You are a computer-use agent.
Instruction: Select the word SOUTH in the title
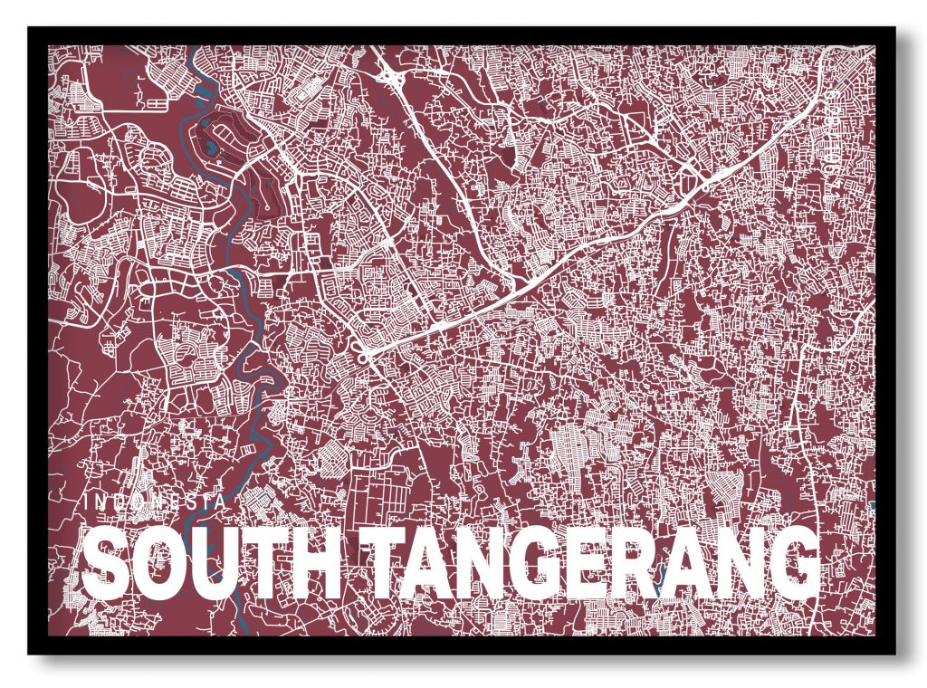[212, 561]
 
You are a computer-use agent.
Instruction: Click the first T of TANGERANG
[377, 561]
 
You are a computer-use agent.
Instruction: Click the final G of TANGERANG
[792, 561]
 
